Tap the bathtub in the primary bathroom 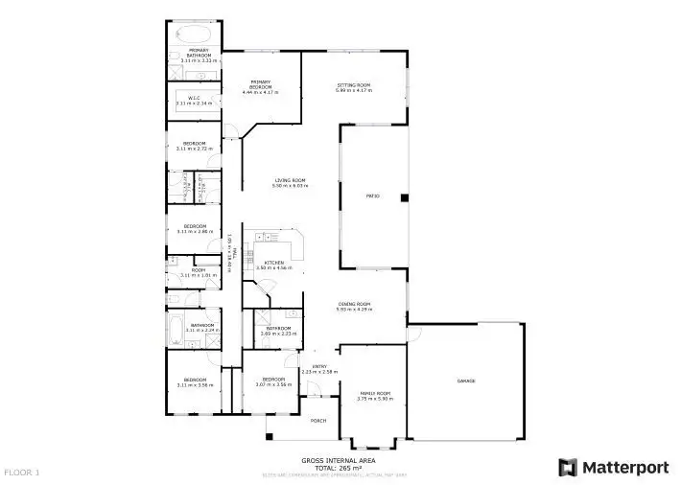pos(192,32)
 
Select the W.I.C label pos(194,97)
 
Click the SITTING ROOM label pos(353,85)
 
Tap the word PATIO pos(374,196)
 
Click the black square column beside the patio pos(405,198)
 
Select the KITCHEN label pos(273,262)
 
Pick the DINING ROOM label pos(354,304)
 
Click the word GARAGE pos(466,381)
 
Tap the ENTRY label pos(319,366)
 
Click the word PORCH pos(318,421)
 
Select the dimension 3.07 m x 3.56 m pos(273,384)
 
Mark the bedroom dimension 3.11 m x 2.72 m pos(195,149)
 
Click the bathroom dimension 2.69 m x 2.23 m pos(279,334)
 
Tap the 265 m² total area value pos(350,467)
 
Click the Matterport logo pos(613,467)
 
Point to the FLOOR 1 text pos(22,473)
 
